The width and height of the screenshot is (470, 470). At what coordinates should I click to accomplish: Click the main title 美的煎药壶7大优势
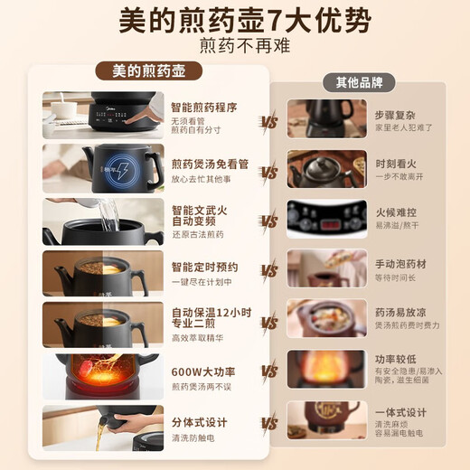[x=235, y=21]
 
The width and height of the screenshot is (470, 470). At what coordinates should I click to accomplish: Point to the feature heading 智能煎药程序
[x=204, y=107]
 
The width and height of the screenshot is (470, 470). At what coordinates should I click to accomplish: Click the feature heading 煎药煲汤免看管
[x=211, y=164]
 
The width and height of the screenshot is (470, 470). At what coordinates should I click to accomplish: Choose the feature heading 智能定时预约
[x=205, y=267]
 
